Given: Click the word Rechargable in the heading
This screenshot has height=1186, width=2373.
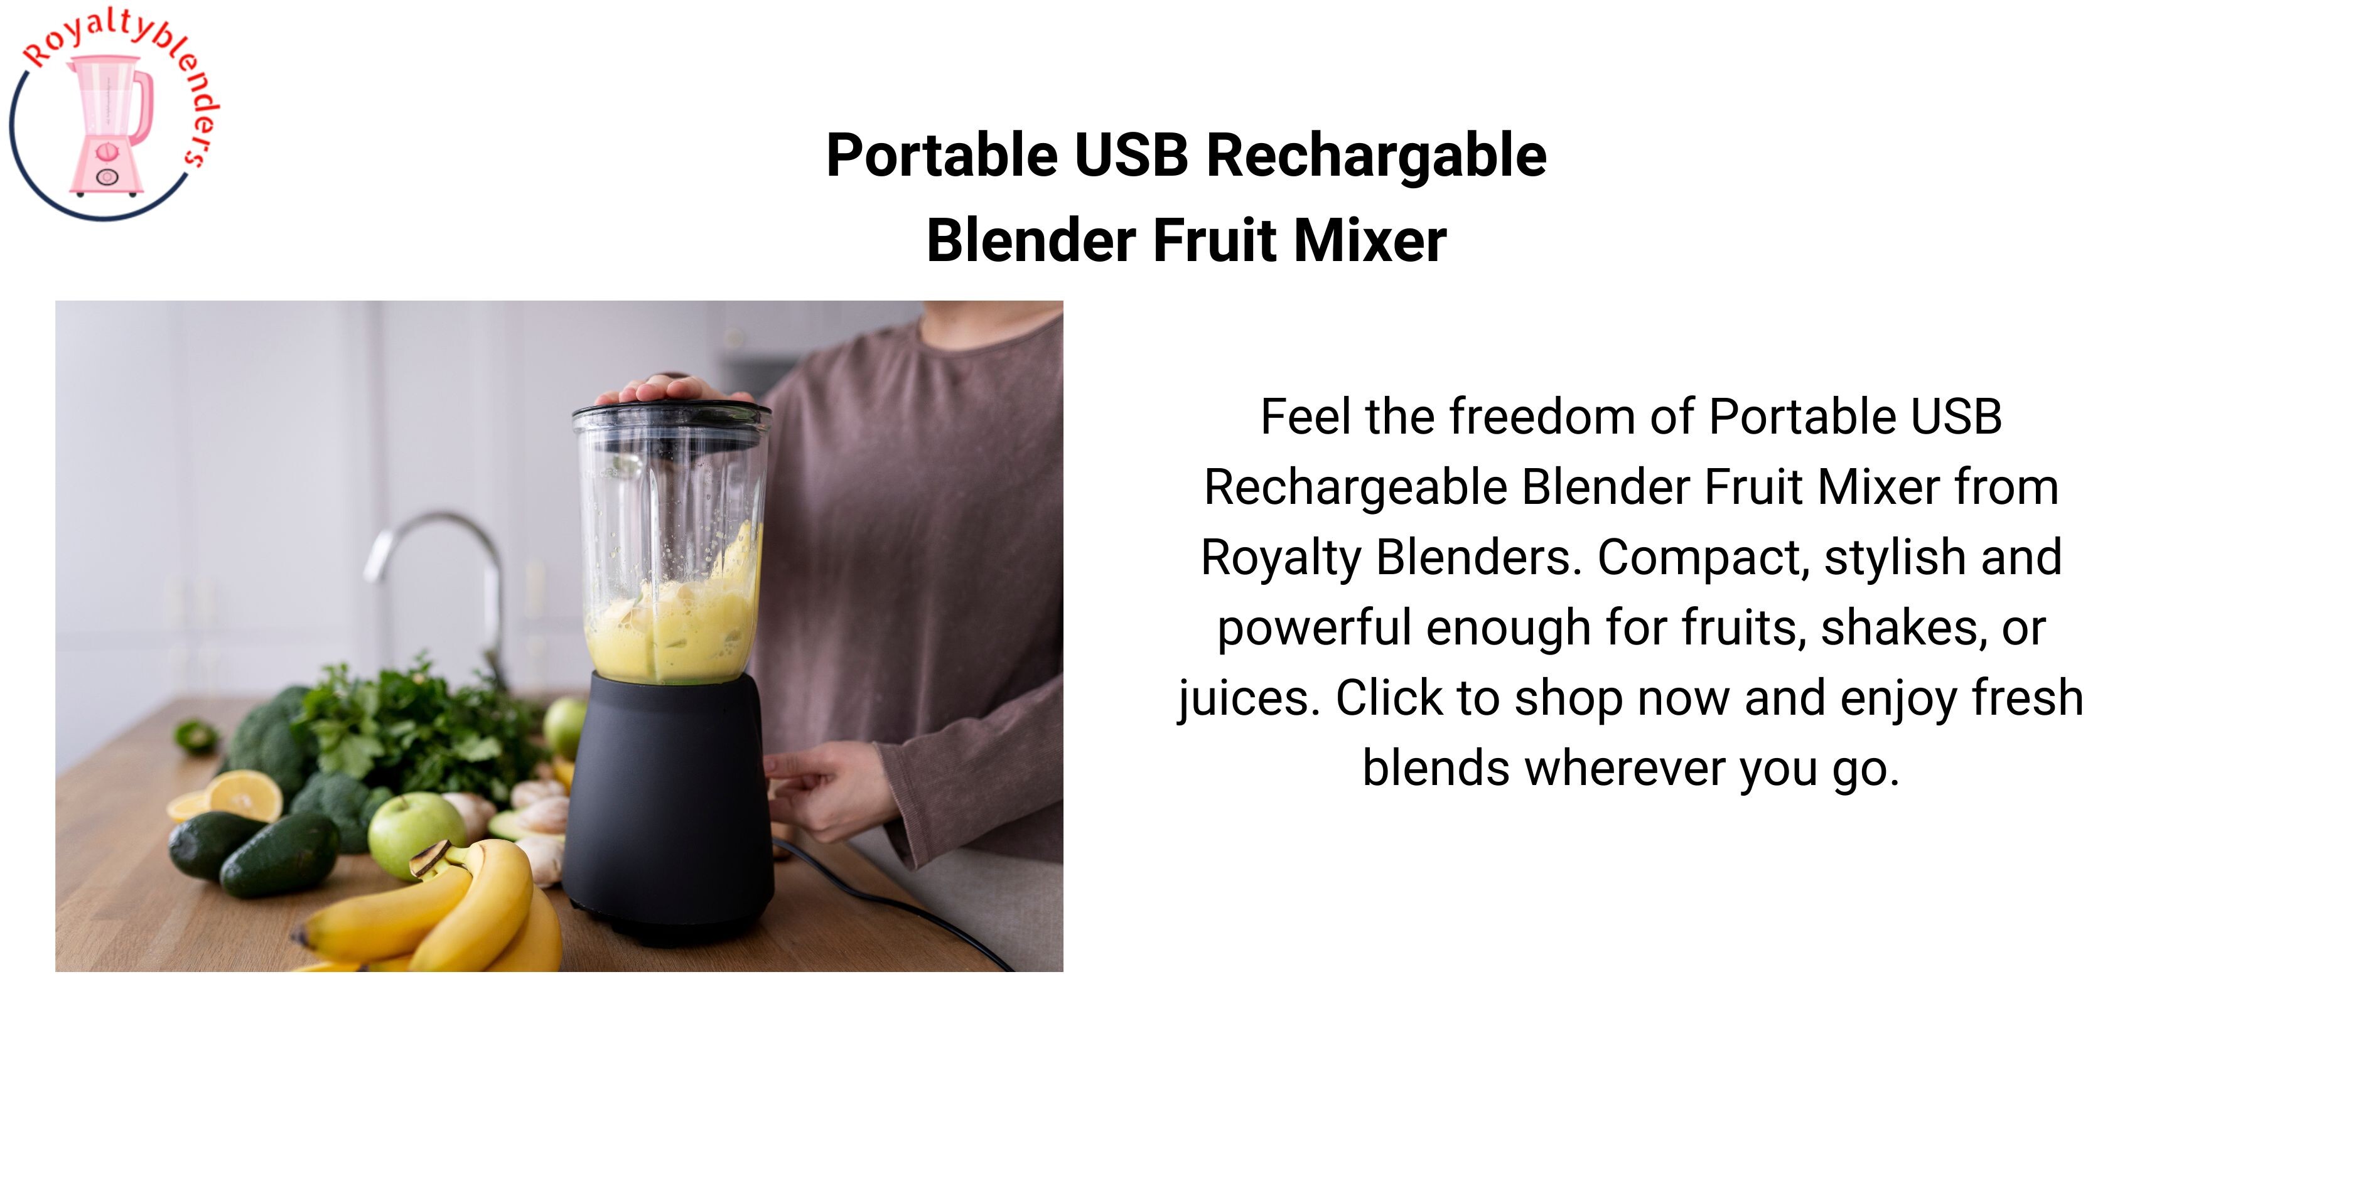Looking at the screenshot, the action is tap(1376, 156).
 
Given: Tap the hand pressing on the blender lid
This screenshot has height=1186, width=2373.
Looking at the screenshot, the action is tap(670, 387).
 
